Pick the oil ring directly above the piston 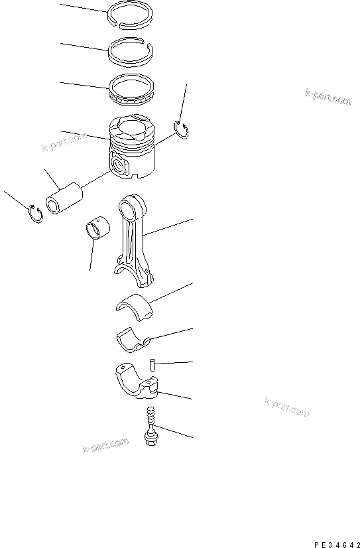pos(133,90)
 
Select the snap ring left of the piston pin pos(36,214)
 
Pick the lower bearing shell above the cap pos(133,339)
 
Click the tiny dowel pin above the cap pos(151,364)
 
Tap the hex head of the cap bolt pos(150,439)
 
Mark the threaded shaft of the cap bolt pos(150,419)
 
